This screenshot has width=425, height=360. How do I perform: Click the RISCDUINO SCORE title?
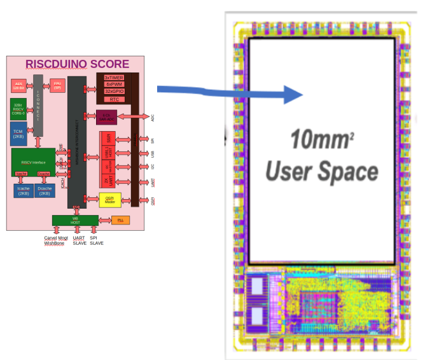coord(77,64)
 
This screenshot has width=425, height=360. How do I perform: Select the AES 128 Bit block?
coord(18,85)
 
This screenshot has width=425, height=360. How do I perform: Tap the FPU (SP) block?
coord(57,84)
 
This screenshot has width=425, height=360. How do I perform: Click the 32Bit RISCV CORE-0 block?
coord(18,109)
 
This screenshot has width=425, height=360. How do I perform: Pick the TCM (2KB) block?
coord(18,133)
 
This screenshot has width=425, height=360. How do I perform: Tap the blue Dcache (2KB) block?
coord(44,191)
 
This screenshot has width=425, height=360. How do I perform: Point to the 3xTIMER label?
coord(114,77)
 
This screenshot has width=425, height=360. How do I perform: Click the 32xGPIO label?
coord(114,92)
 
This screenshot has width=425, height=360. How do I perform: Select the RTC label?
coord(114,99)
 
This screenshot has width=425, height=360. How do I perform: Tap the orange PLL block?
coord(120,220)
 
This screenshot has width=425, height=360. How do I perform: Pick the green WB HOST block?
coord(76,220)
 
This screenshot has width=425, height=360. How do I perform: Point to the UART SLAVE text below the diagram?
coord(80,240)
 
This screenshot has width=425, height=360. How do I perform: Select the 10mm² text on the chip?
coord(321,139)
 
